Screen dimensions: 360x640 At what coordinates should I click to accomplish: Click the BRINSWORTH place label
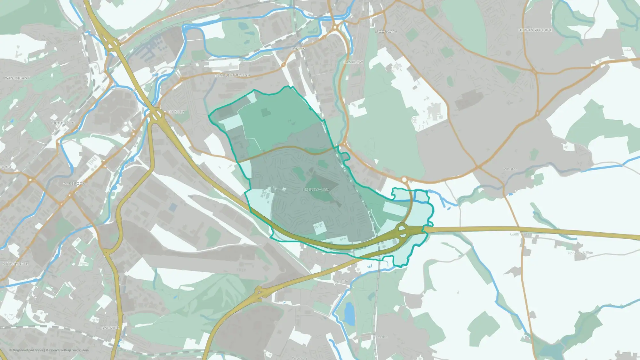(316, 190)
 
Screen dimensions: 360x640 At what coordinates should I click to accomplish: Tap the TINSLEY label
(176, 112)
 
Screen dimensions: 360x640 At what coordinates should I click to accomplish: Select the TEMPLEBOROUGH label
(232, 76)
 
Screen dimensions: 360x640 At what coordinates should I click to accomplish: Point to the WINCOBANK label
(18, 78)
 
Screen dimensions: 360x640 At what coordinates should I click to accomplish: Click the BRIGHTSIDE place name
(63, 123)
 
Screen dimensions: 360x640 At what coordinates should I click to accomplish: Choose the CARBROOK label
(74, 184)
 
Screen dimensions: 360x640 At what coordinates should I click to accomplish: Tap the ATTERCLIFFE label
(15, 264)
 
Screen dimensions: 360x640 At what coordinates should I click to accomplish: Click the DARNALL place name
(110, 328)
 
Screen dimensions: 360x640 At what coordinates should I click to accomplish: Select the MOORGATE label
(386, 32)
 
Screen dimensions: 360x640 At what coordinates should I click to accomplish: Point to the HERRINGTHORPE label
(535, 30)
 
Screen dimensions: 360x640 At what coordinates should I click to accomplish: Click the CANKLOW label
(353, 62)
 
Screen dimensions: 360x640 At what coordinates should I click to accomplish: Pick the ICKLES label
(298, 49)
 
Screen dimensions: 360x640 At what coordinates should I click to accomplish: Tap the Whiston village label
(510, 169)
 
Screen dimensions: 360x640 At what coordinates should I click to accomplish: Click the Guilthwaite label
(520, 235)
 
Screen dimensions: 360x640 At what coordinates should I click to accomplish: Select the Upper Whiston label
(580, 253)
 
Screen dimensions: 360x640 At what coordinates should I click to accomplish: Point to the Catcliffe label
(341, 282)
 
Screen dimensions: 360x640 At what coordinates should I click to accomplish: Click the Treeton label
(381, 337)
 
